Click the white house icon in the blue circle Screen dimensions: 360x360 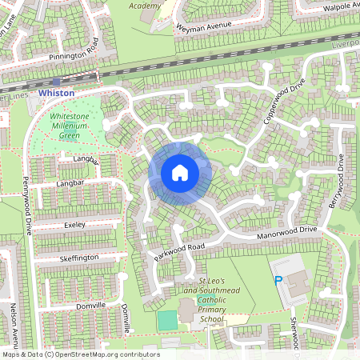(x=180, y=173)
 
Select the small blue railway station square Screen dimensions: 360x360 (x=55, y=82)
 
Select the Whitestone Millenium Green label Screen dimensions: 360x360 (x=70, y=126)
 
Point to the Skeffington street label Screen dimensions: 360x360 (x=79, y=258)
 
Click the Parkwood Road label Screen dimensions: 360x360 (x=180, y=251)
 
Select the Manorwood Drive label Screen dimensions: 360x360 (x=287, y=232)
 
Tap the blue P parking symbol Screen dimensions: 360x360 (x=278, y=282)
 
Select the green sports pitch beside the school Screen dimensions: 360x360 (x=166, y=320)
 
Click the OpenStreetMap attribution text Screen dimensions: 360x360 (x=80, y=354)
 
